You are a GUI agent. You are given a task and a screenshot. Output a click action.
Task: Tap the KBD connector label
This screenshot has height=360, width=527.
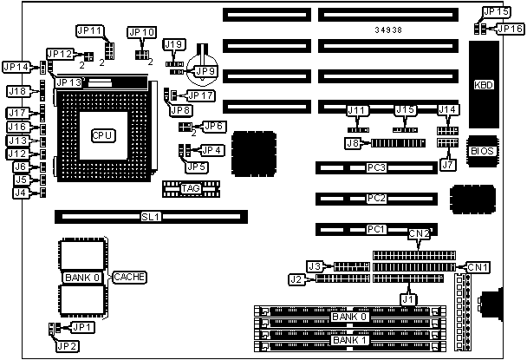484,85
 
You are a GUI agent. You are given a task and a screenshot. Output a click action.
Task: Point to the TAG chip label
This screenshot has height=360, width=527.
191,187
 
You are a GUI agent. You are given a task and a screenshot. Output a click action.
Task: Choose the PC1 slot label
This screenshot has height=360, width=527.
374,229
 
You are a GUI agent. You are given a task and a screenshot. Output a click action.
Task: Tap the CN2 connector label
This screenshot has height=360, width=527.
420,233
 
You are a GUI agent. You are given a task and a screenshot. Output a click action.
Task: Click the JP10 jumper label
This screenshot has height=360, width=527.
141,32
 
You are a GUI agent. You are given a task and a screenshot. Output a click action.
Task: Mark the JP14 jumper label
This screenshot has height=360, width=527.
16,67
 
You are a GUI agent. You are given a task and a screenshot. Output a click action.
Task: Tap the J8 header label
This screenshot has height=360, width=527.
353,143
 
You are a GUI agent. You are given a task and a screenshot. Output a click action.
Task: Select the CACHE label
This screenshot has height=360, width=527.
128,277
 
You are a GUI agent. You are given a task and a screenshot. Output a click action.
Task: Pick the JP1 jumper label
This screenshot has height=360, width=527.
81,327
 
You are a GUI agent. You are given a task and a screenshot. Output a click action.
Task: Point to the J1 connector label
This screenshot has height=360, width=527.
407,299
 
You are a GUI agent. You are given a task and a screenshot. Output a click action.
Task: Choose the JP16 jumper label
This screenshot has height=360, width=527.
510,29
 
